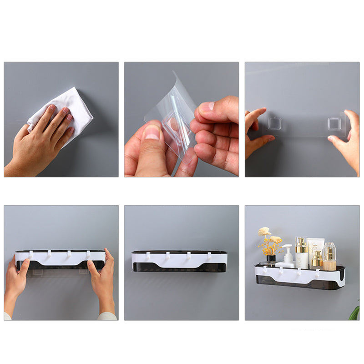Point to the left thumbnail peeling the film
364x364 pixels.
point(152,132)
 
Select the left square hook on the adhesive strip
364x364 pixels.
point(274,123)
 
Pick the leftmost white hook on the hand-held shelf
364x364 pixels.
point(31,254)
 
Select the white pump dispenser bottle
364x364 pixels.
point(287,257)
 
